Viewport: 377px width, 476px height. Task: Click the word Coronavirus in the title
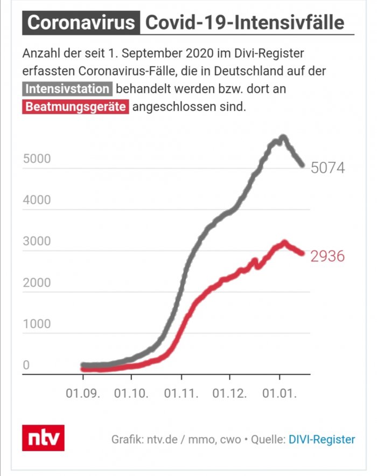81,23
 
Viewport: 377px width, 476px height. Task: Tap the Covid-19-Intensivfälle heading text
245,23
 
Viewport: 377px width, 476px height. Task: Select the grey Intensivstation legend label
67,89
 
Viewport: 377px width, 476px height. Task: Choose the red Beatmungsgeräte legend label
75,107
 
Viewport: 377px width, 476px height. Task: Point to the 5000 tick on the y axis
37,159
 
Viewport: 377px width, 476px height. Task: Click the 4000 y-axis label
37,201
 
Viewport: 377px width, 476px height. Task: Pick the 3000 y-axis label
37,242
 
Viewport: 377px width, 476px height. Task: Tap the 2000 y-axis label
37,283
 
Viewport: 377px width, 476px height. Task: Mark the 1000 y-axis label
37,324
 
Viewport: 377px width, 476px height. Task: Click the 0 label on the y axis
25,365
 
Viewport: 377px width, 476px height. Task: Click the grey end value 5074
327,168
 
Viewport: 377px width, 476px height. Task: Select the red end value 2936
327,256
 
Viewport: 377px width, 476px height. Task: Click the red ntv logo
43,438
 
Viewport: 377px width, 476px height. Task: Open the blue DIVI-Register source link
322,439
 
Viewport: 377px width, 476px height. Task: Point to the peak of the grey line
283,137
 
